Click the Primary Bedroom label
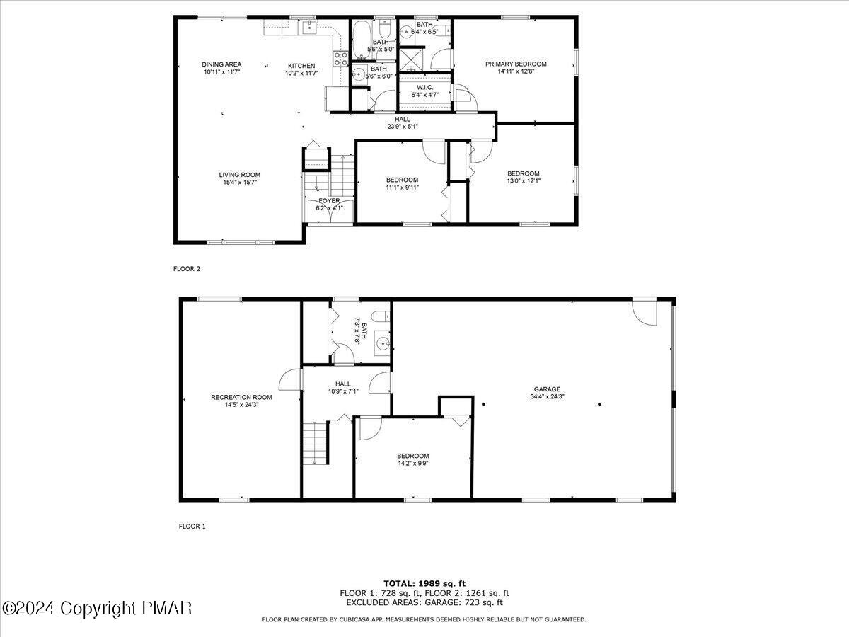(x=516, y=64)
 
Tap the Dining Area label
(x=221, y=64)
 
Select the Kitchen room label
(x=301, y=65)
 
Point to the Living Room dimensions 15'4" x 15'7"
(x=239, y=183)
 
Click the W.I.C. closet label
(x=424, y=87)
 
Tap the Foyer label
(x=329, y=201)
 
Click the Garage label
(x=547, y=389)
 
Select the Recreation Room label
(x=241, y=397)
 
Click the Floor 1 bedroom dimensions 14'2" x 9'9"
(x=412, y=464)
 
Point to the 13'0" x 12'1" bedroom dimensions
(x=523, y=181)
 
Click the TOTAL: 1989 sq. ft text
(x=424, y=583)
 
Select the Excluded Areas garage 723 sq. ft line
(x=424, y=603)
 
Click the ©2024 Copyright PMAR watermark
(x=97, y=608)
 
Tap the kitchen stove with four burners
(x=340, y=57)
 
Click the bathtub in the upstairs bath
(x=362, y=33)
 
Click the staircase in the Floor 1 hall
(x=316, y=443)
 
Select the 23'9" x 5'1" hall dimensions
(x=403, y=127)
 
